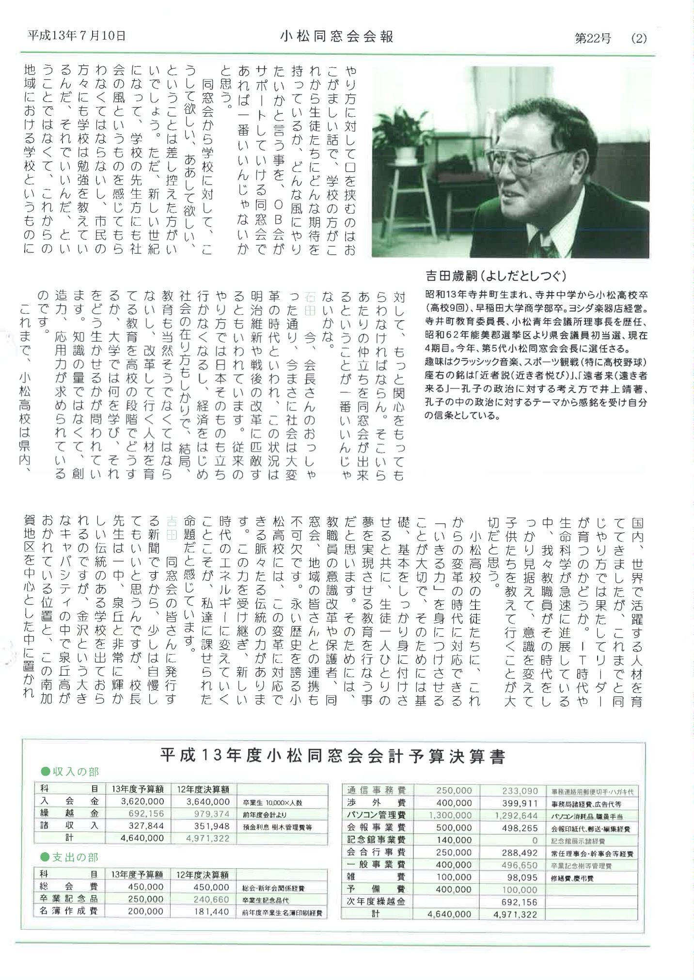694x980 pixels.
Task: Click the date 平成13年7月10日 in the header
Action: (77, 36)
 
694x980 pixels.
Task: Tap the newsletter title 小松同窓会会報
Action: (336, 36)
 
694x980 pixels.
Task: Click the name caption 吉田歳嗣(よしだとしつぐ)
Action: (495, 276)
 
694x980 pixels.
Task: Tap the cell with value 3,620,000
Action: (143, 802)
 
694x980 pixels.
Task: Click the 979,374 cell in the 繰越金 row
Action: (208, 814)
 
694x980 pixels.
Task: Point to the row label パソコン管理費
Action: (376, 815)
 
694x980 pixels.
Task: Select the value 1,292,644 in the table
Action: (517, 815)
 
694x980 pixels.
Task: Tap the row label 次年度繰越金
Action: (376, 902)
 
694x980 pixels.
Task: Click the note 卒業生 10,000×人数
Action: (272, 803)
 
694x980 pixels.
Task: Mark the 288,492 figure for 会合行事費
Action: (520, 853)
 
